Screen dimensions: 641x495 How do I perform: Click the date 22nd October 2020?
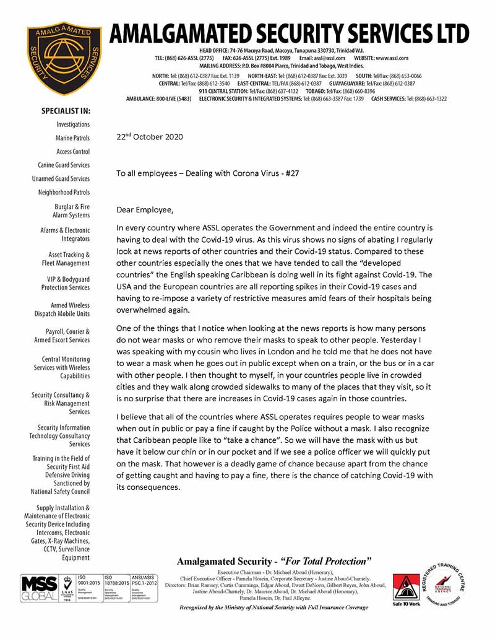(149, 137)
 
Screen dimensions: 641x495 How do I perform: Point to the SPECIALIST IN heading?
(66, 111)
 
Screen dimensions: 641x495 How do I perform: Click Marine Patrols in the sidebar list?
(72, 138)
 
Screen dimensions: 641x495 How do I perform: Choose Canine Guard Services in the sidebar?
(64, 165)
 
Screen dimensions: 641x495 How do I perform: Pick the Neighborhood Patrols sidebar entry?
(64, 193)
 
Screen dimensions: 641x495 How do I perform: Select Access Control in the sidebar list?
(73, 152)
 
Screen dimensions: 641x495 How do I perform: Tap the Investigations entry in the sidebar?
(73, 124)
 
